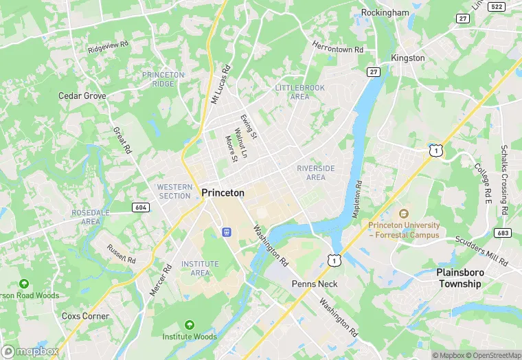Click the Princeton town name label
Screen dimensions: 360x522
(223, 193)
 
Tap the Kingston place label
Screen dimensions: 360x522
(408, 58)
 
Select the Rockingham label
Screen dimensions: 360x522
(385, 12)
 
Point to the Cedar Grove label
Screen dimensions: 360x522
(82, 96)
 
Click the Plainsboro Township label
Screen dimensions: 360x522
(466, 278)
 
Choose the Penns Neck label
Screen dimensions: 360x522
(315, 284)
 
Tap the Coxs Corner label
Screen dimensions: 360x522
(85, 317)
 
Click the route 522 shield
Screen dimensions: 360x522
(496, 6)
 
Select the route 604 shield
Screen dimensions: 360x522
(141, 207)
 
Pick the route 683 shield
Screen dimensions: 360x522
(502, 233)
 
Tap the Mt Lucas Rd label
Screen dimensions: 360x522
(221, 85)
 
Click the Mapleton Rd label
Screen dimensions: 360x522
(358, 200)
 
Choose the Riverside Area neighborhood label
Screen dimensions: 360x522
(316, 172)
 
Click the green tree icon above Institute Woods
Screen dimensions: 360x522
(189, 324)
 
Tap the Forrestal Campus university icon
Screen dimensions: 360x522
(403, 214)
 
